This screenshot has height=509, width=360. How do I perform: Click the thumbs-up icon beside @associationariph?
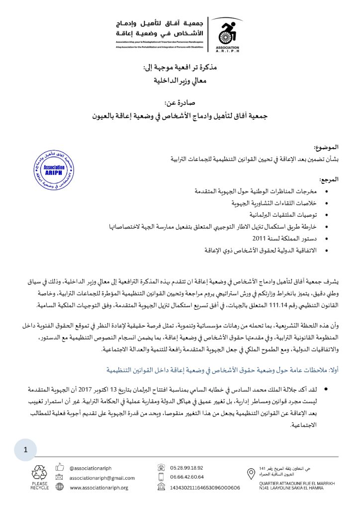(60, 467)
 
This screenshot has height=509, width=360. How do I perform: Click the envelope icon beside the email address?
(60, 477)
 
